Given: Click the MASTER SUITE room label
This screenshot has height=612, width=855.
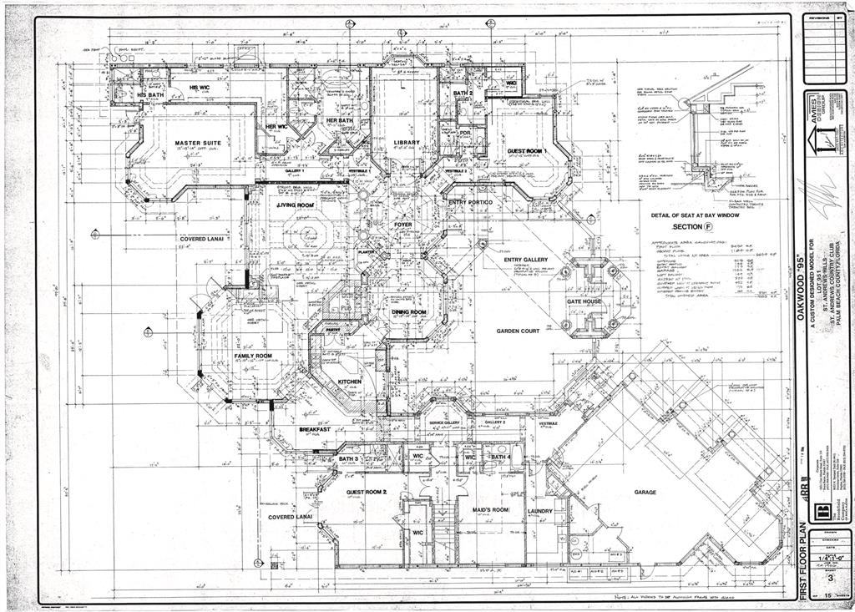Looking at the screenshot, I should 198,144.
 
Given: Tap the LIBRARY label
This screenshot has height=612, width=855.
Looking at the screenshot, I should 407,143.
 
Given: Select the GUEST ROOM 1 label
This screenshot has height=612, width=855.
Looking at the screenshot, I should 525,151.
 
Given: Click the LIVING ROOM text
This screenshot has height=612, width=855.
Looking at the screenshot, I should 295,205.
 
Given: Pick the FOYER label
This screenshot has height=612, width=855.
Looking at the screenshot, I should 402,224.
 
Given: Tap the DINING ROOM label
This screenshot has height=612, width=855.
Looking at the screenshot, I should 409,311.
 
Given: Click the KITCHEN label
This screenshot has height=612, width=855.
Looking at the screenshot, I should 349,382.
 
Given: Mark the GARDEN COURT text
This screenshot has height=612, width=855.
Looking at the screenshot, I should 519,331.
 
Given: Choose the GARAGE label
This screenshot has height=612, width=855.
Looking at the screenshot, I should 645,493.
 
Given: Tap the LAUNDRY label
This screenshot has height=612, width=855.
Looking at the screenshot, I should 541,510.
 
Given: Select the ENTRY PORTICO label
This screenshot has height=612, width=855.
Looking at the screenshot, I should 471,203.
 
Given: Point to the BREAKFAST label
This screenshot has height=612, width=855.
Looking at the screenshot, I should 315,429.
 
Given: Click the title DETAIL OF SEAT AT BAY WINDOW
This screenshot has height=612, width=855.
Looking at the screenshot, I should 692,215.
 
